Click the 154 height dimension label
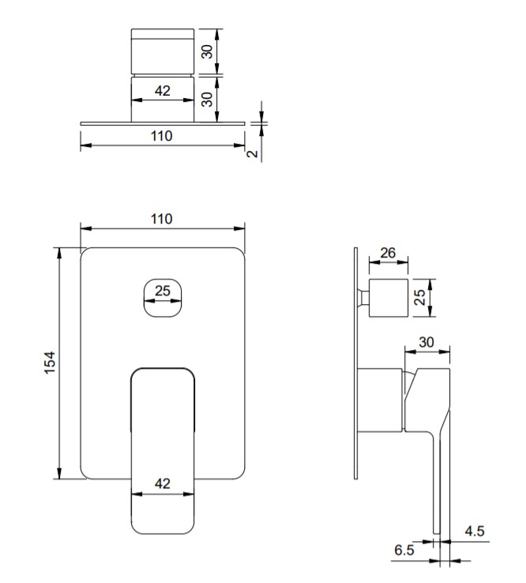coord(50,363)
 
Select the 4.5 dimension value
coord(475,531)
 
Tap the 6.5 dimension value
coord(404,550)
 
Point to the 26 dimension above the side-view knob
coord(388,253)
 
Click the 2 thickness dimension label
coord(253,153)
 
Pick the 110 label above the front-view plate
coord(162,219)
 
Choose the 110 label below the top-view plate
coord(162,136)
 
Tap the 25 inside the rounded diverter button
coord(163,291)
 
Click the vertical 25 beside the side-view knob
coord(419,297)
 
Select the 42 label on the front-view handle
coord(163,483)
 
